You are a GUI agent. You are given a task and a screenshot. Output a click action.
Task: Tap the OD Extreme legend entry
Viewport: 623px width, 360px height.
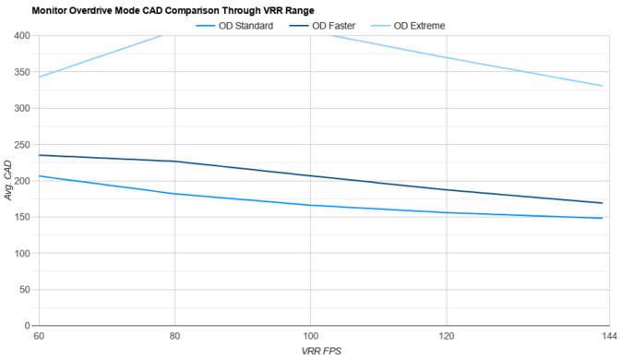(419, 26)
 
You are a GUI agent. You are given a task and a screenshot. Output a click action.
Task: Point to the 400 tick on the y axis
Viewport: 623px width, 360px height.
(20, 36)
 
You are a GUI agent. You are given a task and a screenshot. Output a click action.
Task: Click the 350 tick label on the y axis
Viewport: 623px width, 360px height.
(20, 72)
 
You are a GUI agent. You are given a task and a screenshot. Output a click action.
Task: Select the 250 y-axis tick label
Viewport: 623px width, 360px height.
(20, 145)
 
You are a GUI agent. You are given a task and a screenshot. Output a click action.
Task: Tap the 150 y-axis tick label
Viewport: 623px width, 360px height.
(20, 217)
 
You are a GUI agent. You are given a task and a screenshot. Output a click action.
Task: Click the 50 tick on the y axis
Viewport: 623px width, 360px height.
(23, 290)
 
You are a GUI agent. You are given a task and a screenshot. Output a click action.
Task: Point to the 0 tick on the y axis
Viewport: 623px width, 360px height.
(26, 326)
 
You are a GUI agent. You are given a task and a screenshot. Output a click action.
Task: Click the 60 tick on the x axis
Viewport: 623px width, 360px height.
(37, 337)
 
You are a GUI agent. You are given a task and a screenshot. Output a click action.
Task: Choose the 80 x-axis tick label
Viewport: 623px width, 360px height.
(174, 337)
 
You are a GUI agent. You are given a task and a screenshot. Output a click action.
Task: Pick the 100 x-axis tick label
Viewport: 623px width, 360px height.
(310, 337)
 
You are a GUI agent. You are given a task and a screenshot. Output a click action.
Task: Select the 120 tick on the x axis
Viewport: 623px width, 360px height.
(447, 337)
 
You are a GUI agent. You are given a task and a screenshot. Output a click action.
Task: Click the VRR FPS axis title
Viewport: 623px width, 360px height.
(322, 352)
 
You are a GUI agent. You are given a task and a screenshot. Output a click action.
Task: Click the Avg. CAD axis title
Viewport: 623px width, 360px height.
(8, 181)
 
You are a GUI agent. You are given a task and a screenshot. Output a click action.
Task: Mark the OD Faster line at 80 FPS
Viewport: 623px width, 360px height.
(174, 162)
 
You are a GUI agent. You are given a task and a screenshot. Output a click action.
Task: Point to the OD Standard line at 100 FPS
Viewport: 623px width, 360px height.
(310, 205)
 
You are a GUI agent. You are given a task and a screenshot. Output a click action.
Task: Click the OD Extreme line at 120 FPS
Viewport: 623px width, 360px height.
(447, 57)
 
